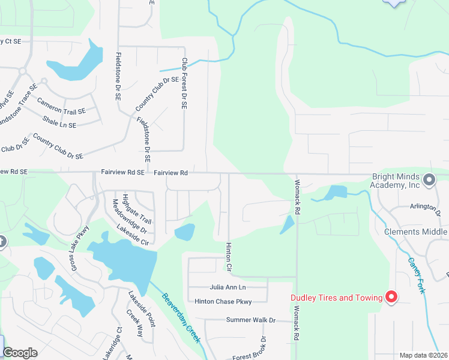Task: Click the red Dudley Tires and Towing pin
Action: tap(391, 297)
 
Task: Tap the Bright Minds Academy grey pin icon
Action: tap(429, 179)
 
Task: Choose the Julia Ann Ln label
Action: tap(228, 287)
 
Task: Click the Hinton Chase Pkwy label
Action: tap(223, 301)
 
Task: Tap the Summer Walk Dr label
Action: tap(250, 320)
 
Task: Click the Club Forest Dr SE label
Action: tap(184, 83)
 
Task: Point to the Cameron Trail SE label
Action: tap(61, 107)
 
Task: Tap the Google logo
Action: tap(20, 353)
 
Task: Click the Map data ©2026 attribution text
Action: tap(423, 355)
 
